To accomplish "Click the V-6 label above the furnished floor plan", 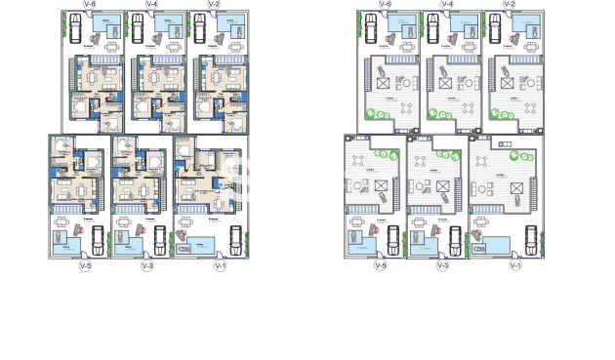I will click(90, 5).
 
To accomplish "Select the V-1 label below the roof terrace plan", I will click(514, 266).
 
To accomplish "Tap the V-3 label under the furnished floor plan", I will click(147, 266).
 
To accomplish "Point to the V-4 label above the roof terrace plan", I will click(446, 5).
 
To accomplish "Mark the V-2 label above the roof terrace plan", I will click(509, 5).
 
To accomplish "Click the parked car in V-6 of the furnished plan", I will click(75, 29).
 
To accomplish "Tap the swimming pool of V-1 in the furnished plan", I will click(198, 245).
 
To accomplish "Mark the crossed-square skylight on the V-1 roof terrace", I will click(508, 187).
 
